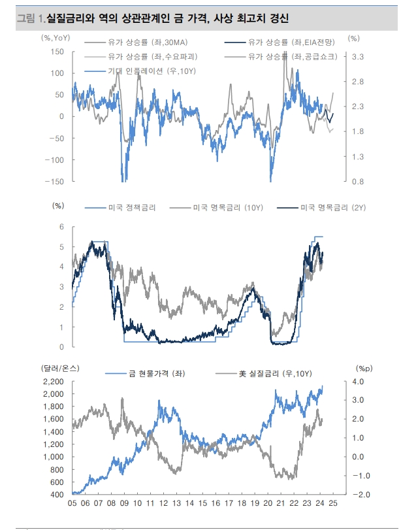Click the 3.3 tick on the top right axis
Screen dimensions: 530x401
[x=359, y=58]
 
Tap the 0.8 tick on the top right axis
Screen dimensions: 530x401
[x=359, y=181]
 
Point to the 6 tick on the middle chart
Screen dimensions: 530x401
[x=61, y=227]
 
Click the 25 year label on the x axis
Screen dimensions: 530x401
[x=333, y=505]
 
